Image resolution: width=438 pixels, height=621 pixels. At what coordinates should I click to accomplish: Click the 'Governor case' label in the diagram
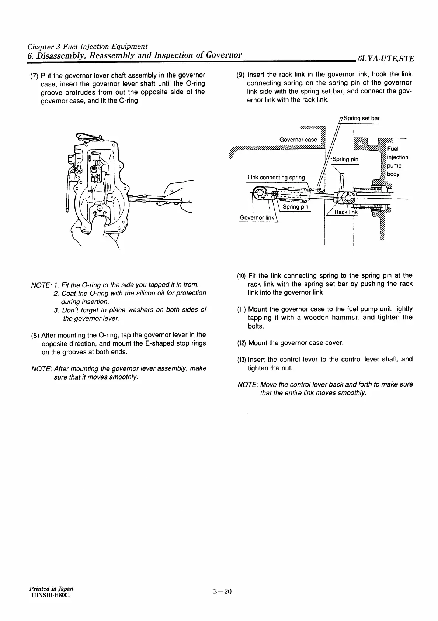[298, 140]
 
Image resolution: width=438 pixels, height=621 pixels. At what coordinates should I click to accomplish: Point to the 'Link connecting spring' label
[276, 178]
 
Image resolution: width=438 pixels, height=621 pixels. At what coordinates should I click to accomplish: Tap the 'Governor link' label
[257, 217]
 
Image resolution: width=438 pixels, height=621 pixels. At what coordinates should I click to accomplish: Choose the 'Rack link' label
[345, 212]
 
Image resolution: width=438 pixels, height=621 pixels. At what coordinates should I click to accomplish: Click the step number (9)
[240, 75]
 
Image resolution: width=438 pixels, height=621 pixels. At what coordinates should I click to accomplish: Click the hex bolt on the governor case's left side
[71, 160]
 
